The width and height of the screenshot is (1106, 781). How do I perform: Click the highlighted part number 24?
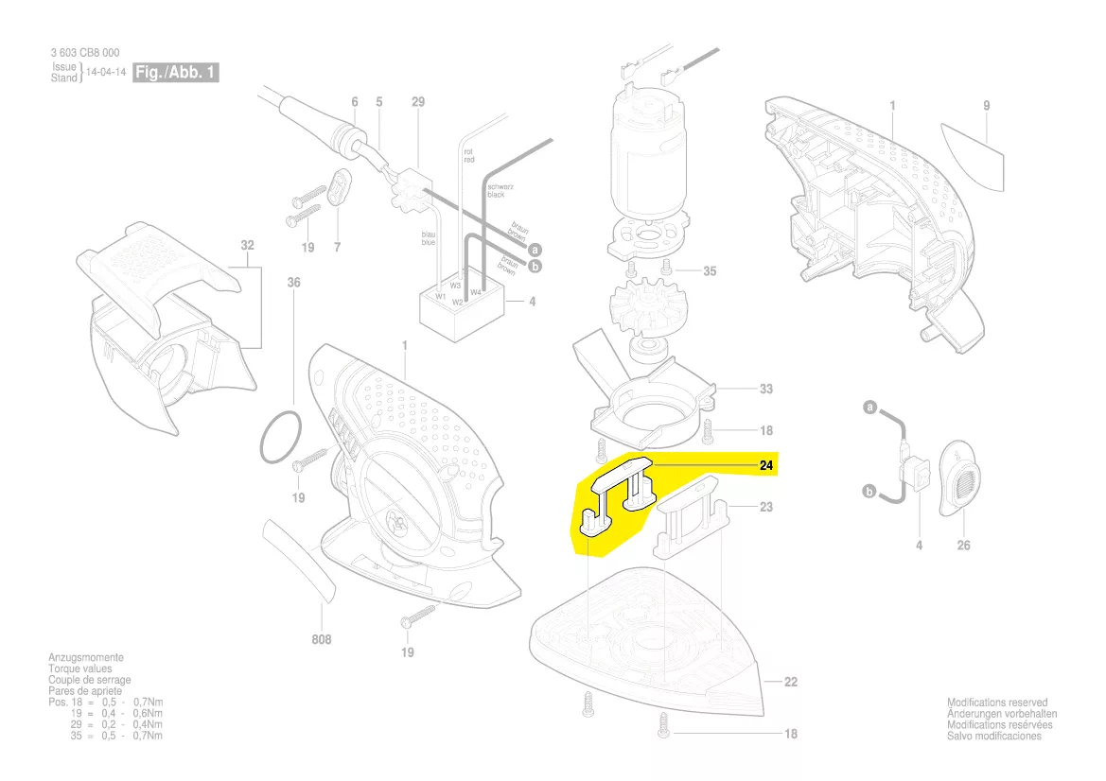(765, 465)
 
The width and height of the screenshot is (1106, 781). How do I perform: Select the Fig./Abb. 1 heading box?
(175, 72)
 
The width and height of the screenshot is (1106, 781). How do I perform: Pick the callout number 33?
(765, 389)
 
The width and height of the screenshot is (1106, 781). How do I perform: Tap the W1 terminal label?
(441, 296)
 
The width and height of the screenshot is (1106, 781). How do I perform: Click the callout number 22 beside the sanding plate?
(791, 682)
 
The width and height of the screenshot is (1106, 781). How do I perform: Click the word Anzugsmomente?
(86, 657)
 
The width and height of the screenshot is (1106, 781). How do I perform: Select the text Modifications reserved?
(997, 703)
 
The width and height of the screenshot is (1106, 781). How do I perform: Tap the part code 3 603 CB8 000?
(85, 53)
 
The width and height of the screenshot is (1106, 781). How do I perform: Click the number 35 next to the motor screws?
(710, 271)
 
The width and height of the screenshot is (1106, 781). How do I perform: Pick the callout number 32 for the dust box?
(248, 246)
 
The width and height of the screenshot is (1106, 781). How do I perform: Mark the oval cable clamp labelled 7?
(341, 187)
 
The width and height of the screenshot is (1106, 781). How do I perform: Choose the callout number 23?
(765, 507)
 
